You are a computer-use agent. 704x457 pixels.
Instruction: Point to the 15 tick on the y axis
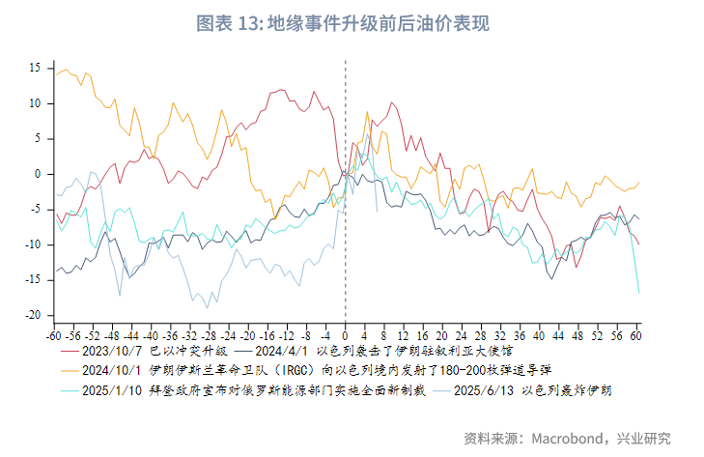pyautogui.click(x=34, y=68)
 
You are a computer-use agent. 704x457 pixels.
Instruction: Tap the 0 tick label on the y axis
pyautogui.click(x=37, y=174)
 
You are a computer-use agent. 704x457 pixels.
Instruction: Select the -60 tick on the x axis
pyautogui.click(x=54, y=337)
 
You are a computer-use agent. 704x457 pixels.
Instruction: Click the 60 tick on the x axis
pyautogui.click(x=636, y=337)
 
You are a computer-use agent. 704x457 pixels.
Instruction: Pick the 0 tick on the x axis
pyautogui.click(x=346, y=337)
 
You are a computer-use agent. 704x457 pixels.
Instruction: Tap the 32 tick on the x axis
pyautogui.click(x=500, y=337)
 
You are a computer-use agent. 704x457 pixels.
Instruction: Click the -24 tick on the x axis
pyautogui.click(x=229, y=337)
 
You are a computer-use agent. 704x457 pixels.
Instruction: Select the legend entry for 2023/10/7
pyautogui.click(x=155, y=353)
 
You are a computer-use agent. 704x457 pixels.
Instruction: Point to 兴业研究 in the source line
pyautogui.click(x=644, y=437)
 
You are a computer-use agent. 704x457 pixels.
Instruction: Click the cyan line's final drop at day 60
pyautogui.click(x=638, y=290)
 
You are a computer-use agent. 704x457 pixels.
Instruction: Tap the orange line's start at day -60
pyautogui.click(x=55, y=75)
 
